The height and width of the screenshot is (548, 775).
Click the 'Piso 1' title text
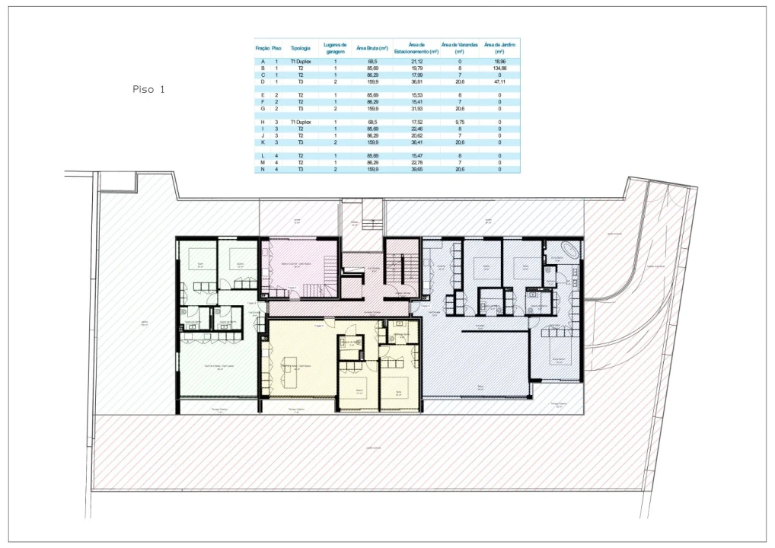(148, 89)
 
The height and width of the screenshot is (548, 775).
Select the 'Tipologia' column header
(300, 48)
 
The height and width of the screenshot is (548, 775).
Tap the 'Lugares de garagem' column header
(335, 48)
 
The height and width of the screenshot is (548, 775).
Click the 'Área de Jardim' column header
(499, 48)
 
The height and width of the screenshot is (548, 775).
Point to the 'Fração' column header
(263, 48)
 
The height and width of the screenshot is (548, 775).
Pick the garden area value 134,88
(499, 68)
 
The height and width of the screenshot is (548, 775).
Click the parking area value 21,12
(416, 61)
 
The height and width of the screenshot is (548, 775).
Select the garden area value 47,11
(499, 81)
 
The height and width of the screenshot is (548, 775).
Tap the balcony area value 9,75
(460, 122)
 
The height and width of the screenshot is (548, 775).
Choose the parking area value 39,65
(416, 169)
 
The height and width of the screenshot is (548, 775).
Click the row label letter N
(263, 169)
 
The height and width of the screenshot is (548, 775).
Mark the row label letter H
(263, 122)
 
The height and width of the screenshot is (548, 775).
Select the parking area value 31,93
(416, 109)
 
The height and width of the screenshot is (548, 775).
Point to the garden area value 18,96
(499, 61)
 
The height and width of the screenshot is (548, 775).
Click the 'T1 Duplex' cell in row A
(300, 61)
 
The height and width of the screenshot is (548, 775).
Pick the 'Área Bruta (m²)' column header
(372, 48)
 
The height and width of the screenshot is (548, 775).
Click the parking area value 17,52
(416, 122)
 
